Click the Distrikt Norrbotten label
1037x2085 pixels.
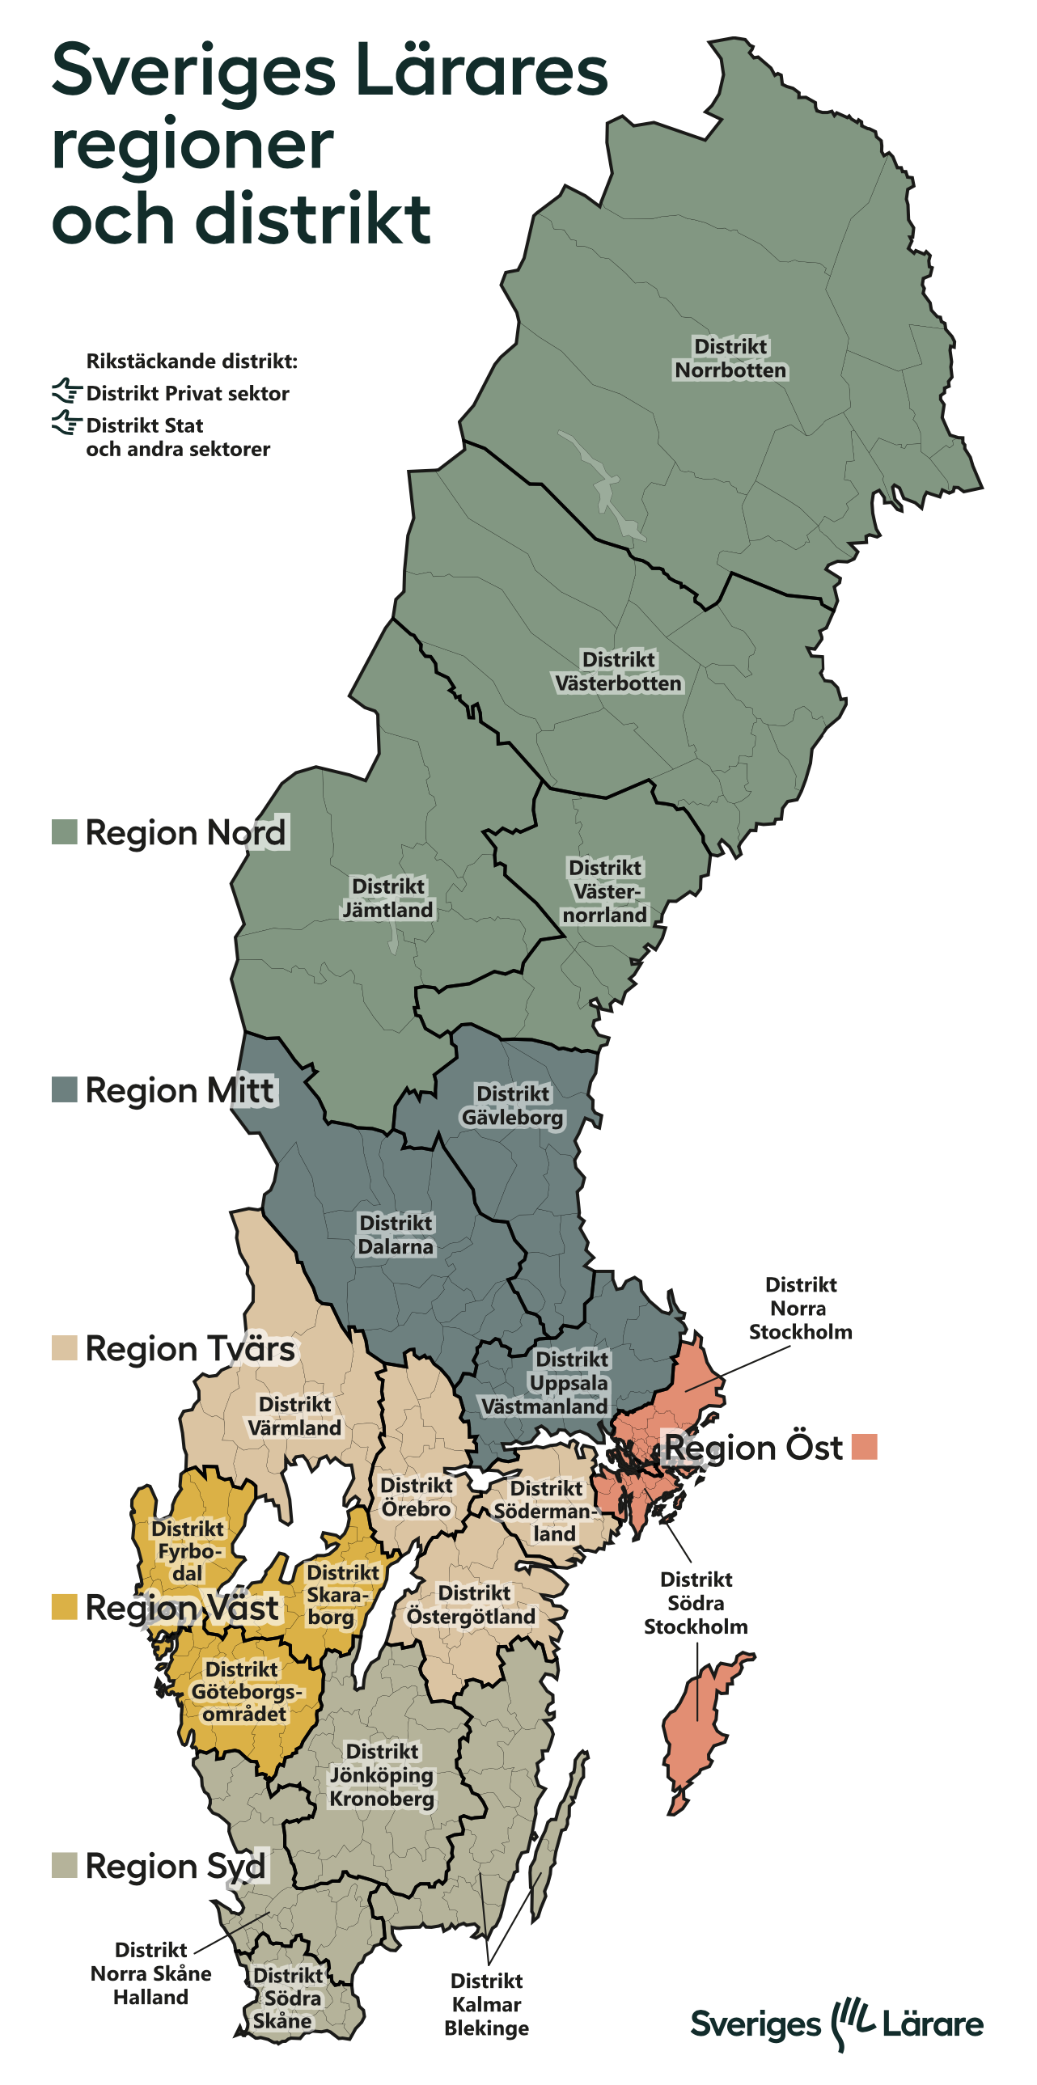[x=730, y=357]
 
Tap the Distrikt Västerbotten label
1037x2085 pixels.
[x=619, y=671]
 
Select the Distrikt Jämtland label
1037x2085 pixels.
[x=387, y=898]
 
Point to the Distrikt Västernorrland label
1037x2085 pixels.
[x=605, y=891]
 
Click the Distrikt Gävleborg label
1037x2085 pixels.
[x=512, y=1105]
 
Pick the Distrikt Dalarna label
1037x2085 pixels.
[x=396, y=1234]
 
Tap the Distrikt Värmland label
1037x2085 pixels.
[x=294, y=1415]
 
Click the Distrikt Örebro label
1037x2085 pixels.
[x=416, y=1496]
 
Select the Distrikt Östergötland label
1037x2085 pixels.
[x=471, y=1605]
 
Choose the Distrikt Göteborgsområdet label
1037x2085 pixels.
[x=243, y=1691]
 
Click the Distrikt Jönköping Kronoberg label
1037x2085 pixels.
[x=382, y=1774]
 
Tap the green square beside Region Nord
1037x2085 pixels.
[x=65, y=832]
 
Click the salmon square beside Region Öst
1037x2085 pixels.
[x=865, y=1446]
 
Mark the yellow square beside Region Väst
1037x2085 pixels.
[x=65, y=1607]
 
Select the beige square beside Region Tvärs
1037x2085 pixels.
[x=65, y=1348]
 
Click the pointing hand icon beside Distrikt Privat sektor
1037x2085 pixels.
[x=67, y=391]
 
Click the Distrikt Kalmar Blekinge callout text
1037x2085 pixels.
[x=486, y=2004]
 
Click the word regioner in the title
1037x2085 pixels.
[x=193, y=146]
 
